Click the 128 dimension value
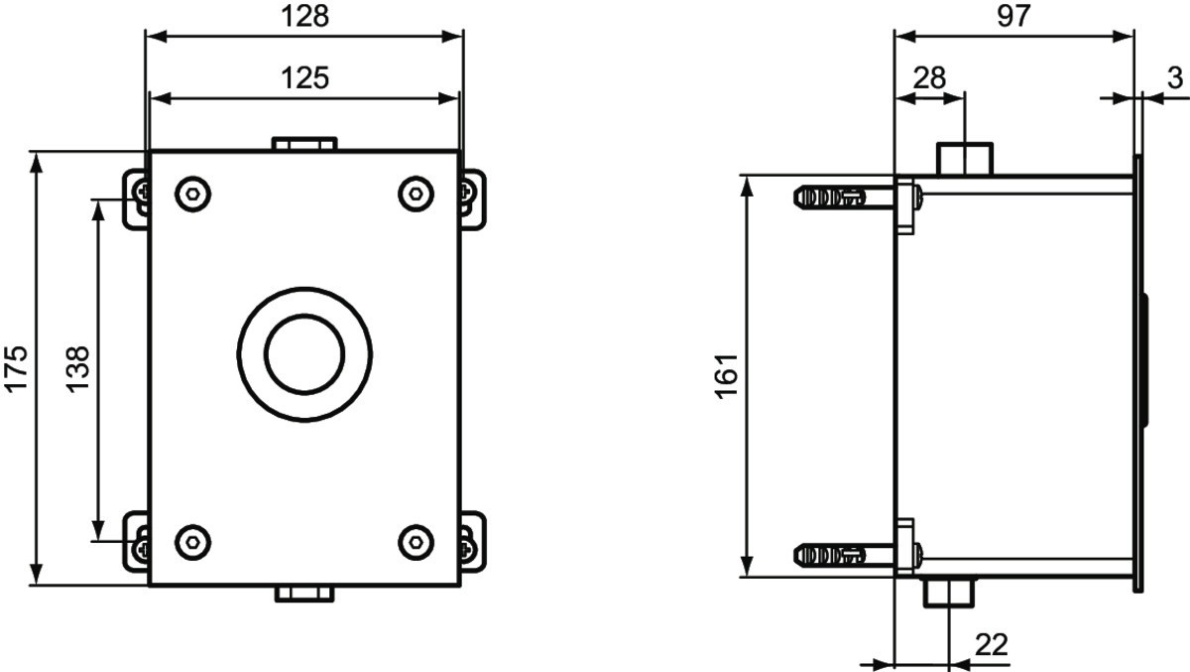pyautogui.click(x=305, y=16)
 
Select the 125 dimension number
pyautogui.click(x=305, y=78)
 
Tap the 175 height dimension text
pyautogui.click(x=16, y=369)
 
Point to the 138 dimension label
pyautogui.click(x=78, y=369)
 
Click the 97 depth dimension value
pyautogui.click(x=1013, y=16)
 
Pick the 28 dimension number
pyautogui.click(x=930, y=78)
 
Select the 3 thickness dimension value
pyautogui.click(x=1175, y=78)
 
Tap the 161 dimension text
pyautogui.click(x=726, y=375)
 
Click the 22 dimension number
pyautogui.click(x=992, y=645)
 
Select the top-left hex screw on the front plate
pyautogui.click(x=192, y=194)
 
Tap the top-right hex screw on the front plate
pyautogui.click(x=416, y=194)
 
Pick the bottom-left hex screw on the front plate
pyautogui.click(x=192, y=542)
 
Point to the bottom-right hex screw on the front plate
pyautogui.click(x=416, y=542)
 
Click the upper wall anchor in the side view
pyautogui.click(x=845, y=198)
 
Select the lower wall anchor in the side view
pyautogui.click(x=845, y=556)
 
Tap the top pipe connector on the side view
pyautogui.click(x=964, y=159)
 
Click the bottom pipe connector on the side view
pyautogui.click(x=949, y=593)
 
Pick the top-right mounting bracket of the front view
pyautogui.click(x=473, y=200)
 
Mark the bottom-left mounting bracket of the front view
pyautogui.click(x=136, y=542)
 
